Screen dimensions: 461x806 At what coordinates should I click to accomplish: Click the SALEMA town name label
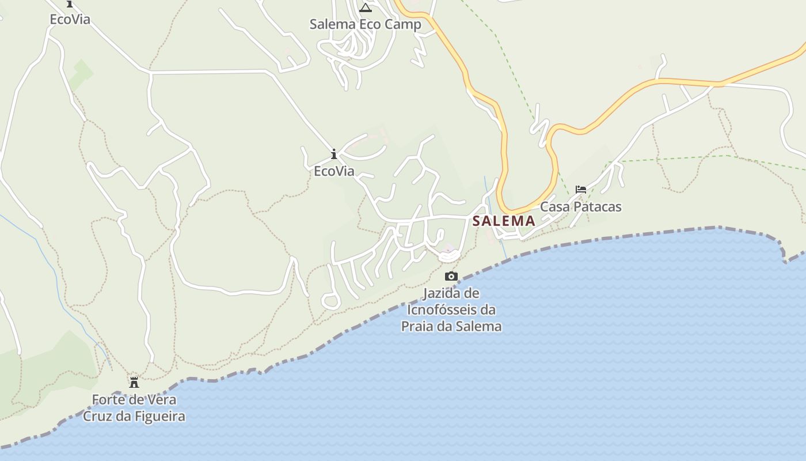click(504, 221)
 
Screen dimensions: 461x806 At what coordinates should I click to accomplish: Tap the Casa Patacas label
click(580, 207)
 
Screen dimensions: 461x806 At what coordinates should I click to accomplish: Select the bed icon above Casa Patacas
click(581, 189)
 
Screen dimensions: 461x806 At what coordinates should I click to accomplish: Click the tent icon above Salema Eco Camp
click(366, 8)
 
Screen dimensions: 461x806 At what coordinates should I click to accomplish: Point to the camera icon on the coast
click(451, 277)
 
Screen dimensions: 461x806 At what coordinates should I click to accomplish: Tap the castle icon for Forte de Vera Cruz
click(134, 382)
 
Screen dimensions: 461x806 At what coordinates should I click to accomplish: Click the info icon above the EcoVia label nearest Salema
click(334, 154)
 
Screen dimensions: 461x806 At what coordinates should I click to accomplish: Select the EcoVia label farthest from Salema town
click(70, 20)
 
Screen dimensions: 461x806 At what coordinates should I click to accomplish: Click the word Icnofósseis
click(451, 310)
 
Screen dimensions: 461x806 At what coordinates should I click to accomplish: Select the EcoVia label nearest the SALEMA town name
click(334, 172)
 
